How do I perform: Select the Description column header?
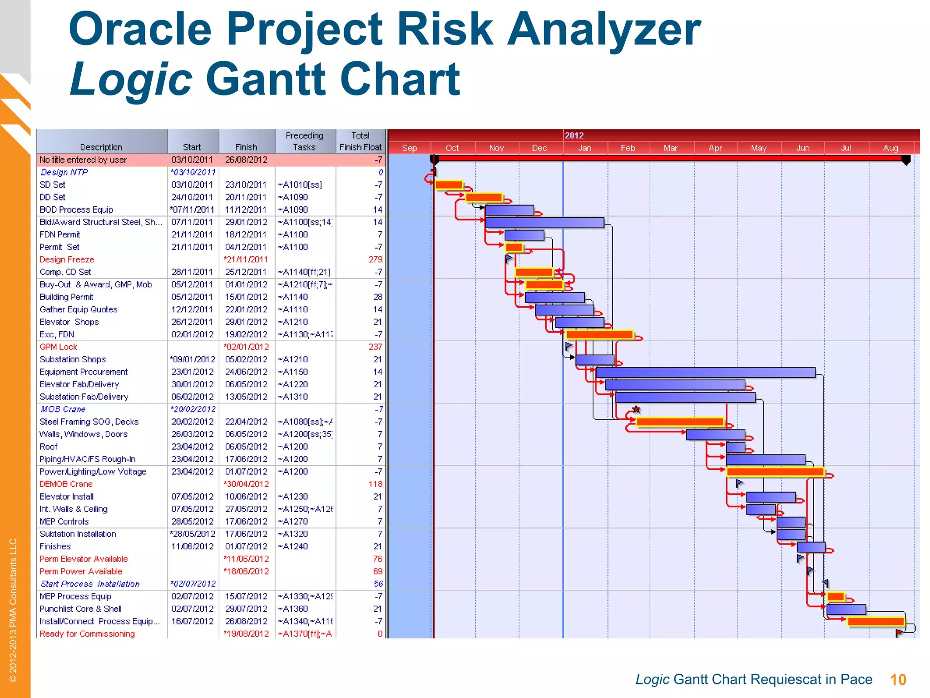click(x=101, y=147)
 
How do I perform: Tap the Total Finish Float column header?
click(x=361, y=141)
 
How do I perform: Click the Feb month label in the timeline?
click(x=628, y=148)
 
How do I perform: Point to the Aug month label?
click(x=890, y=148)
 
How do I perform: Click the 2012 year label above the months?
click(x=574, y=135)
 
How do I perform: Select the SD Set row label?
click(x=52, y=184)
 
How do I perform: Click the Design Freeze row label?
click(x=67, y=259)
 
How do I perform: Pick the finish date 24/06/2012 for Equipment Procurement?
click(x=246, y=372)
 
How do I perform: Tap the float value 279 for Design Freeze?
click(x=376, y=259)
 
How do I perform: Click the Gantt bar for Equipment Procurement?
click(x=705, y=373)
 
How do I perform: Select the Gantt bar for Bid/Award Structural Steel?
click(x=544, y=223)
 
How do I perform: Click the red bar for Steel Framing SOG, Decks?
click(x=679, y=422)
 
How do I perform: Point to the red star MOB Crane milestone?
click(x=636, y=409)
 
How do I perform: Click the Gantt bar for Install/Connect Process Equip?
click(x=876, y=622)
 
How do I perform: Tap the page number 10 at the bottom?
click(x=898, y=680)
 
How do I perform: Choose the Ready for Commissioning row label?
click(x=87, y=634)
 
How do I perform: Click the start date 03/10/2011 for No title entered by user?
click(x=192, y=160)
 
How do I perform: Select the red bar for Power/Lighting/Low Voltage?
click(x=775, y=472)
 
